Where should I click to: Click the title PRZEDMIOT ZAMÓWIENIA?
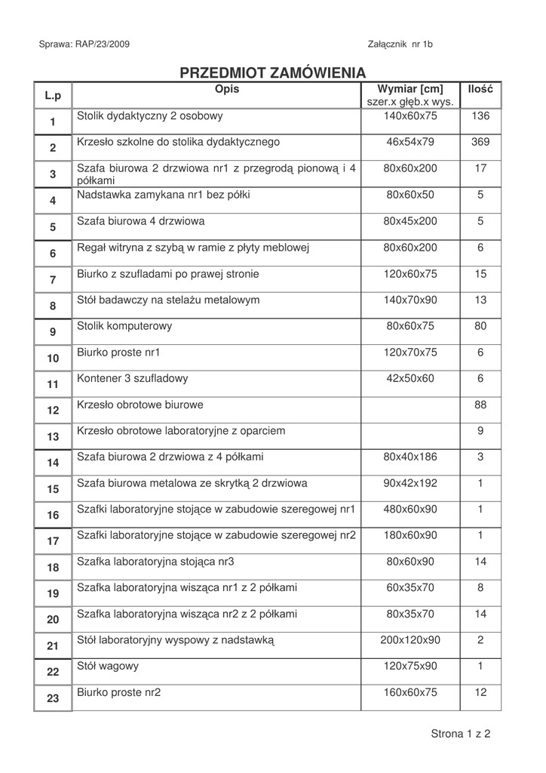coord(272,73)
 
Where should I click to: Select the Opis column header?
coord(226,90)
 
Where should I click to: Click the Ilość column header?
coord(480,90)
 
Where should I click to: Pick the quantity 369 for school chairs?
coord(480,142)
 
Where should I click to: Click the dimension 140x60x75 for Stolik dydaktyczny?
coord(410,116)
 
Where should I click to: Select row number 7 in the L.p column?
coord(53,279)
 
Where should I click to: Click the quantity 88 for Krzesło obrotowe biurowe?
coord(480,405)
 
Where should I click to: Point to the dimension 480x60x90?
coord(410,509)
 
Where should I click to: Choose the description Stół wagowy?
coord(108,667)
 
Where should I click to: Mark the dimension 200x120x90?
coord(410,640)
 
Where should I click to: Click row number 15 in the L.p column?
coord(53,489)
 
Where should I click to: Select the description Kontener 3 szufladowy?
coord(133,378)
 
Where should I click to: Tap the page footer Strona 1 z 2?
coord(460,734)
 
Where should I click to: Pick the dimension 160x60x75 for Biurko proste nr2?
coord(410,692)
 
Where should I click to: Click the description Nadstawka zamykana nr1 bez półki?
coord(163,195)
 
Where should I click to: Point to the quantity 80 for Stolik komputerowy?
coord(480,326)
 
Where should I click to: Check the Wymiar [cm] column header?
coord(410,90)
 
